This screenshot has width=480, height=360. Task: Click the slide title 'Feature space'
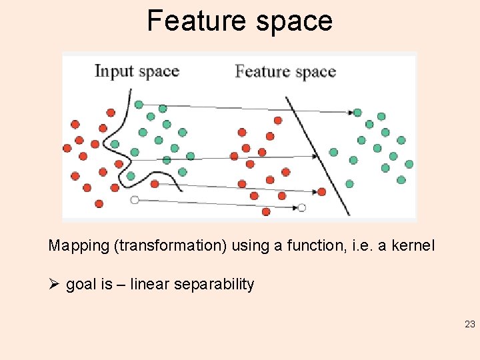[239, 21]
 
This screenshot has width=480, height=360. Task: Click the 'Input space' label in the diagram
[137, 71]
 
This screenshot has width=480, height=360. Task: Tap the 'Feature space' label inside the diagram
[285, 72]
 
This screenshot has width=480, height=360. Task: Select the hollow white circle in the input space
[135, 200]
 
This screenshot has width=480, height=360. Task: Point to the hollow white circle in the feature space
[301, 208]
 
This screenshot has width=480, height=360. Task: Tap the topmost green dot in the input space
[139, 105]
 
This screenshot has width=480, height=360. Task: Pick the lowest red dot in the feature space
[266, 212]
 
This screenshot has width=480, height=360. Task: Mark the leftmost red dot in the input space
[67, 148]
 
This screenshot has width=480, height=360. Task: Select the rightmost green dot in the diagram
[409, 164]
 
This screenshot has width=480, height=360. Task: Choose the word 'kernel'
[413, 246]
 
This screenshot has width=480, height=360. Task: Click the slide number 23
[469, 325]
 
